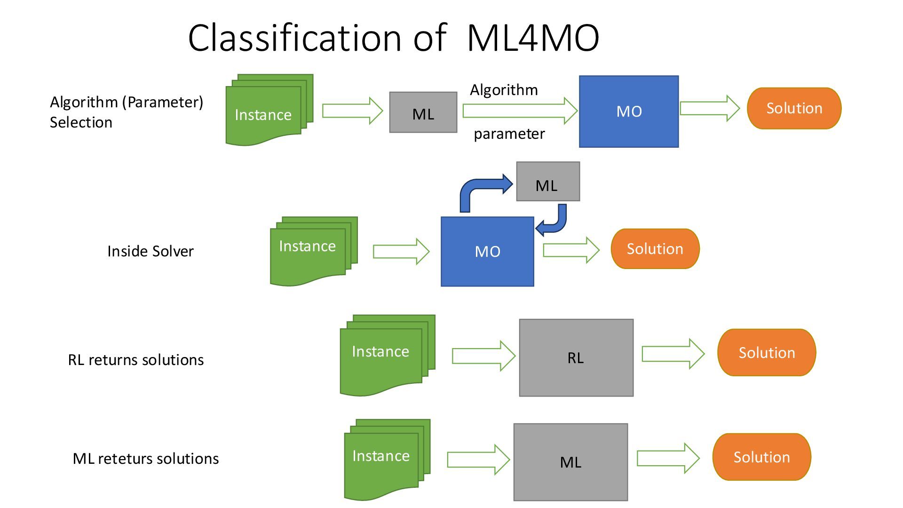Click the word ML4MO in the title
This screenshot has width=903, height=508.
[x=533, y=38]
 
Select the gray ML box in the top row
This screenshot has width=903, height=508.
[x=423, y=112]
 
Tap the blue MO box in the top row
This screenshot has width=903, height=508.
[x=628, y=111]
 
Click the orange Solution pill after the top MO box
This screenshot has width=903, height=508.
[x=794, y=108]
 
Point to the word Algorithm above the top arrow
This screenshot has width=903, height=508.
[x=504, y=90]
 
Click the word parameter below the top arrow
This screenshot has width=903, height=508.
[x=509, y=134]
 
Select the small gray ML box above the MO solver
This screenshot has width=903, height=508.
[x=548, y=182]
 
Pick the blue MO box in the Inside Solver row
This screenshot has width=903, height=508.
[x=487, y=252]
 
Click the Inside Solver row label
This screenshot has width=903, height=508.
[x=150, y=251]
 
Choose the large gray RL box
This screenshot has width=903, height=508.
[x=576, y=358]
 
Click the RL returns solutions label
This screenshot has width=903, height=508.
[x=135, y=360]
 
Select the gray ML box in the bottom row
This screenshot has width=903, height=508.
[x=570, y=462]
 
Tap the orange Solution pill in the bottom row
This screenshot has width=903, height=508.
[x=761, y=457]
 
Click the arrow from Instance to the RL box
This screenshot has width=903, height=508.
[x=483, y=356]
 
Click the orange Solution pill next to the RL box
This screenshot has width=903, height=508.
[x=767, y=353]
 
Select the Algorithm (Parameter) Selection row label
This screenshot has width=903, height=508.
[x=126, y=112]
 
